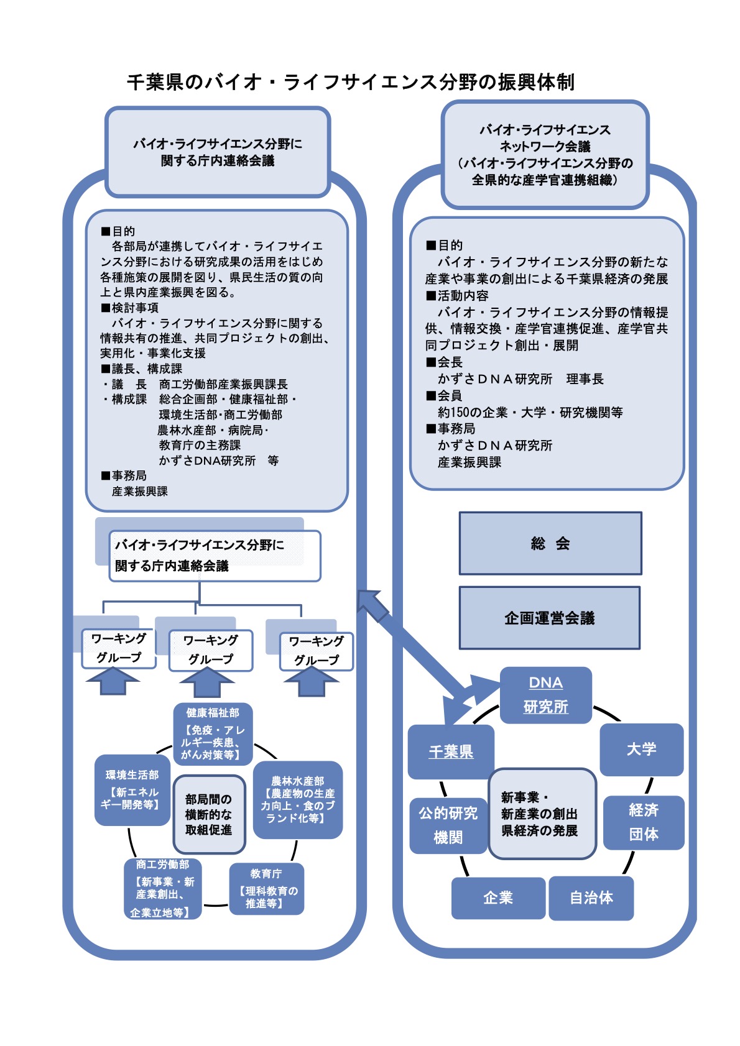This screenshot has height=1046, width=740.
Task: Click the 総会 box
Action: (550, 543)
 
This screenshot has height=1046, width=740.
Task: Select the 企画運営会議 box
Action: (550, 618)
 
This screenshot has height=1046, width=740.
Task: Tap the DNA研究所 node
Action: (545, 695)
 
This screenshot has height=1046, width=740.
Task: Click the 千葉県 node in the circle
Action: (451, 751)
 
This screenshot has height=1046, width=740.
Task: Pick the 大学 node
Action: (641, 749)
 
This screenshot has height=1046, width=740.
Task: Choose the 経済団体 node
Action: (644, 822)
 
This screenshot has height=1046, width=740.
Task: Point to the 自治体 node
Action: (591, 897)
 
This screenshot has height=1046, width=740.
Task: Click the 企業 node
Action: (498, 897)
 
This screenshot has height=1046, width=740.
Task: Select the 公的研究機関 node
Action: (448, 825)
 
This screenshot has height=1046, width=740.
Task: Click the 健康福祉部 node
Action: (213, 734)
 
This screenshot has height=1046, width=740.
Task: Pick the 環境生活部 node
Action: (132, 790)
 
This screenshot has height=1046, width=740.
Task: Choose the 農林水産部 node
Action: (298, 799)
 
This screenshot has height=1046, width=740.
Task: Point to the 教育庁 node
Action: (266, 888)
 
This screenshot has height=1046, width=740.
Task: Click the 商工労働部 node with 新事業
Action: (163, 888)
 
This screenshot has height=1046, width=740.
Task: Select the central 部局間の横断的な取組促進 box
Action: (209, 814)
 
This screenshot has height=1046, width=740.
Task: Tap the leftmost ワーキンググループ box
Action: (118, 648)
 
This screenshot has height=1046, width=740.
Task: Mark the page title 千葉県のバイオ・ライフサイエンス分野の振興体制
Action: (351, 82)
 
